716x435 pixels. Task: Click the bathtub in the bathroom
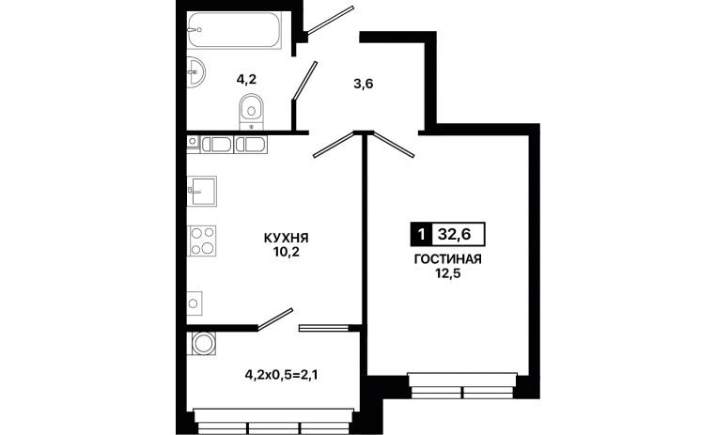(x=234, y=29)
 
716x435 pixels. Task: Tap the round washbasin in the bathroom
(x=195, y=71)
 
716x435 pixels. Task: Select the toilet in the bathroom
(x=251, y=112)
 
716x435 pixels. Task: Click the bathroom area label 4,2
(x=246, y=80)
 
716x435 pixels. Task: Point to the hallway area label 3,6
(x=364, y=84)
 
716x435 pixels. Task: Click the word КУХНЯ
(x=287, y=238)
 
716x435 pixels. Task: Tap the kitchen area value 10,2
(x=287, y=252)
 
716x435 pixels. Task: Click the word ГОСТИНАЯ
(x=447, y=259)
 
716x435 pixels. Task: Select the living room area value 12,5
(x=447, y=274)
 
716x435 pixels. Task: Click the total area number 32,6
(x=455, y=234)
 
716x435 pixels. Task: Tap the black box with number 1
(x=421, y=234)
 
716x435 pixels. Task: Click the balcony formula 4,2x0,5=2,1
(x=281, y=375)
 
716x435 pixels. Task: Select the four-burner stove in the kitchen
(x=201, y=241)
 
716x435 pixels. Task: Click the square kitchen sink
(x=201, y=191)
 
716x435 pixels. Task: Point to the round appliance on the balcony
(x=201, y=343)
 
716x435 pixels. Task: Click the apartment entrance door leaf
(x=330, y=20)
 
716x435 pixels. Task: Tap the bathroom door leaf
(x=304, y=81)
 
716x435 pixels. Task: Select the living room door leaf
(x=394, y=145)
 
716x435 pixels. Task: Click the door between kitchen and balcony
(x=275, y=318)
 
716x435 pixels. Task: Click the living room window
(x=462, y=386)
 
